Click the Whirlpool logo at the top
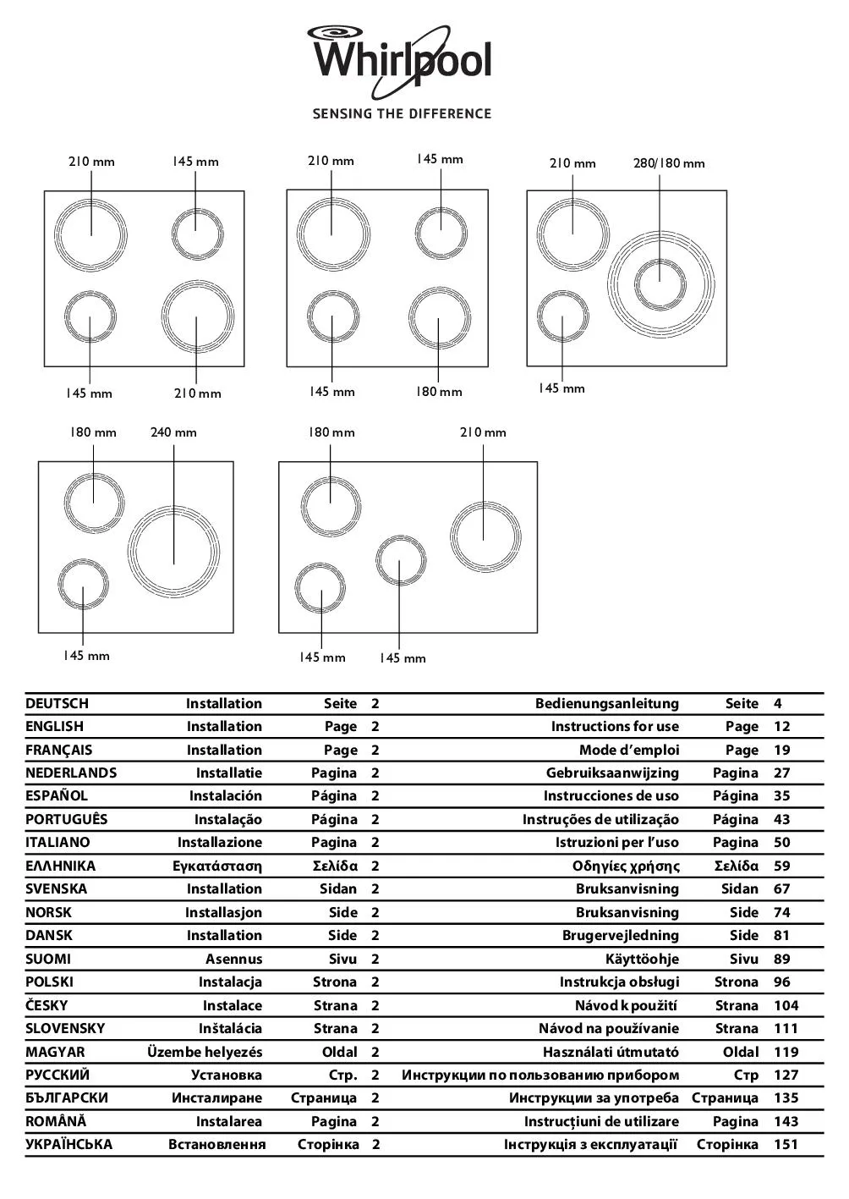400,58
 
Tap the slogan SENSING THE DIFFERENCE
402,113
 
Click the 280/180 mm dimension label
668,163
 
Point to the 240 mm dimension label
173,432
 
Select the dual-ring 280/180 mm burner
660,283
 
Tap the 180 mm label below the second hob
439,392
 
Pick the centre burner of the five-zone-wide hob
400,560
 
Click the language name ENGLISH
55,726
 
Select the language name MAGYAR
55,1052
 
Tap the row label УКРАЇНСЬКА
68,1144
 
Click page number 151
786,1144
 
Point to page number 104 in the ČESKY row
786,1005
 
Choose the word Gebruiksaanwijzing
612,773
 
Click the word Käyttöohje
642,959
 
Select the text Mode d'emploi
628,750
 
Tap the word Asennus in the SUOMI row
233,959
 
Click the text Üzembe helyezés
205,1052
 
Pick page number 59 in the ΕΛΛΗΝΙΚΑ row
781,866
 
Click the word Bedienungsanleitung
606,703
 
